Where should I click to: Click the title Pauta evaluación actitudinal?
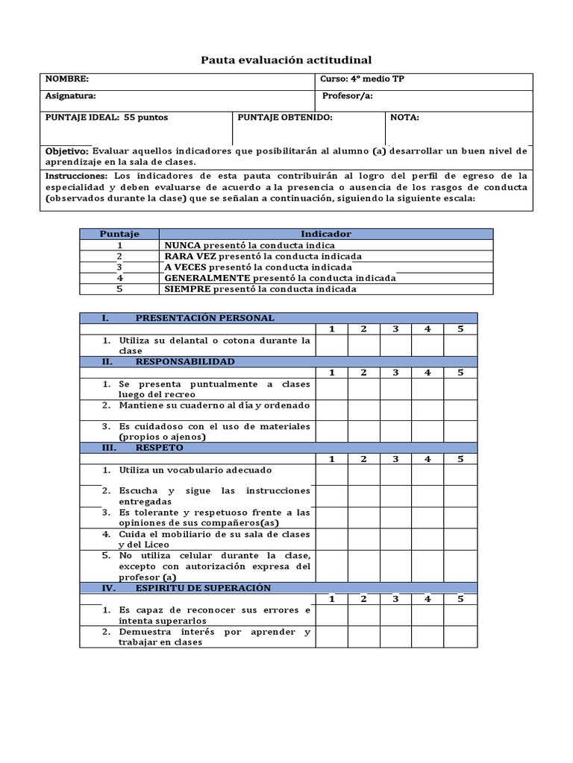286,60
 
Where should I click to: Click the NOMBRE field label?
67,79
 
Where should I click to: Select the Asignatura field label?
71,96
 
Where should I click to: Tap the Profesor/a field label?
347,96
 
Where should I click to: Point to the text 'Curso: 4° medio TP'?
363,79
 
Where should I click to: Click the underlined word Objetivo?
67,151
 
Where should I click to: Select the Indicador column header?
326,234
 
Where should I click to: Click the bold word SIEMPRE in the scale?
186,289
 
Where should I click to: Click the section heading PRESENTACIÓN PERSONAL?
204,318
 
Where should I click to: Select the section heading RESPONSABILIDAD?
185,361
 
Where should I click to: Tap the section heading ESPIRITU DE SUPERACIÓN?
204,588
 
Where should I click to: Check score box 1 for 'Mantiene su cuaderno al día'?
331,410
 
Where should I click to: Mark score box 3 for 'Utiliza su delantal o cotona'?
395,345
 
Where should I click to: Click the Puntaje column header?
119,234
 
